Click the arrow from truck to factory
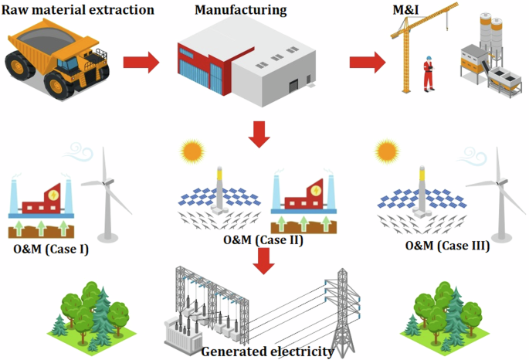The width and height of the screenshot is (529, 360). [140, 60]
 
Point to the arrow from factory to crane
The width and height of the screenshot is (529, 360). [368, 63]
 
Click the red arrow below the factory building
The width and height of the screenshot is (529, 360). [261, 133]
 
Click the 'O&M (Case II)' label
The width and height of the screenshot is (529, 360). [263, 240]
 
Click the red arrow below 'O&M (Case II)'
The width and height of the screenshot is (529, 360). [265, 261]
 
